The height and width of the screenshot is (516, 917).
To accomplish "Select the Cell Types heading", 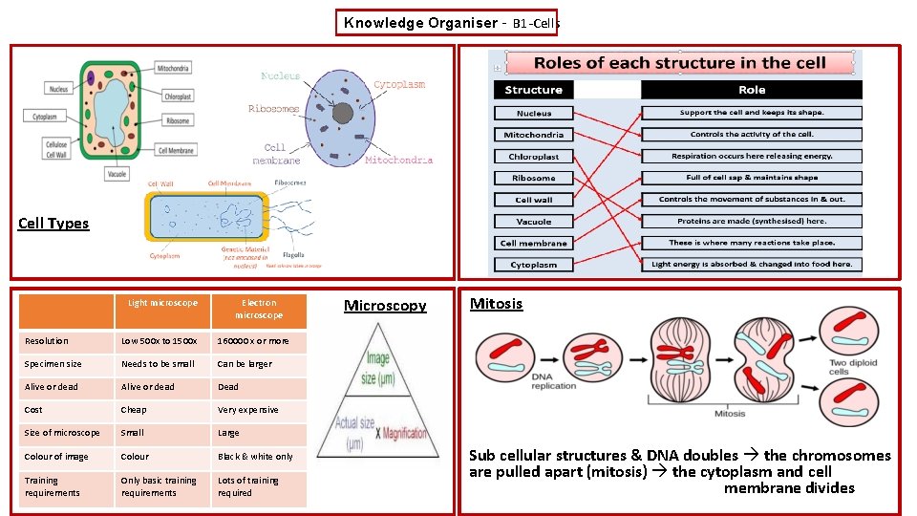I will [53, 224].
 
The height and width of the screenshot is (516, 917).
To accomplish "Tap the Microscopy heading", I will [385, 306].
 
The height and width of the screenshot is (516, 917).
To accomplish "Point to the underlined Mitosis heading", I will [496, 304].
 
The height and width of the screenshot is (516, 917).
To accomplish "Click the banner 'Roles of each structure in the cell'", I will [679, 63].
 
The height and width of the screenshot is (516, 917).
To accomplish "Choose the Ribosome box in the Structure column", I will [533, 178].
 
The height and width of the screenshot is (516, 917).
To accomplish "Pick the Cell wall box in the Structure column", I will [533, 200].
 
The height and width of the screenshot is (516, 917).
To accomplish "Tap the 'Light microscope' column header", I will [163, 303].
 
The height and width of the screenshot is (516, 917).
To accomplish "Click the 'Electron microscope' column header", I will [259, 309].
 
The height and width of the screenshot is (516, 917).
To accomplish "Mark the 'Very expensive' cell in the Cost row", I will [247, 410].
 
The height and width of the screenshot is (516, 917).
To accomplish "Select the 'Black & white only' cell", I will [255, 457].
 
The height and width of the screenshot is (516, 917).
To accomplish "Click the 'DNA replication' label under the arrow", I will [554, 381].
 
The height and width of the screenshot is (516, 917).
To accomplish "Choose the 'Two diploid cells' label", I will [853, 368].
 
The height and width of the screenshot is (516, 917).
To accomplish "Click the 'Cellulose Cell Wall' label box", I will [56, 149].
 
